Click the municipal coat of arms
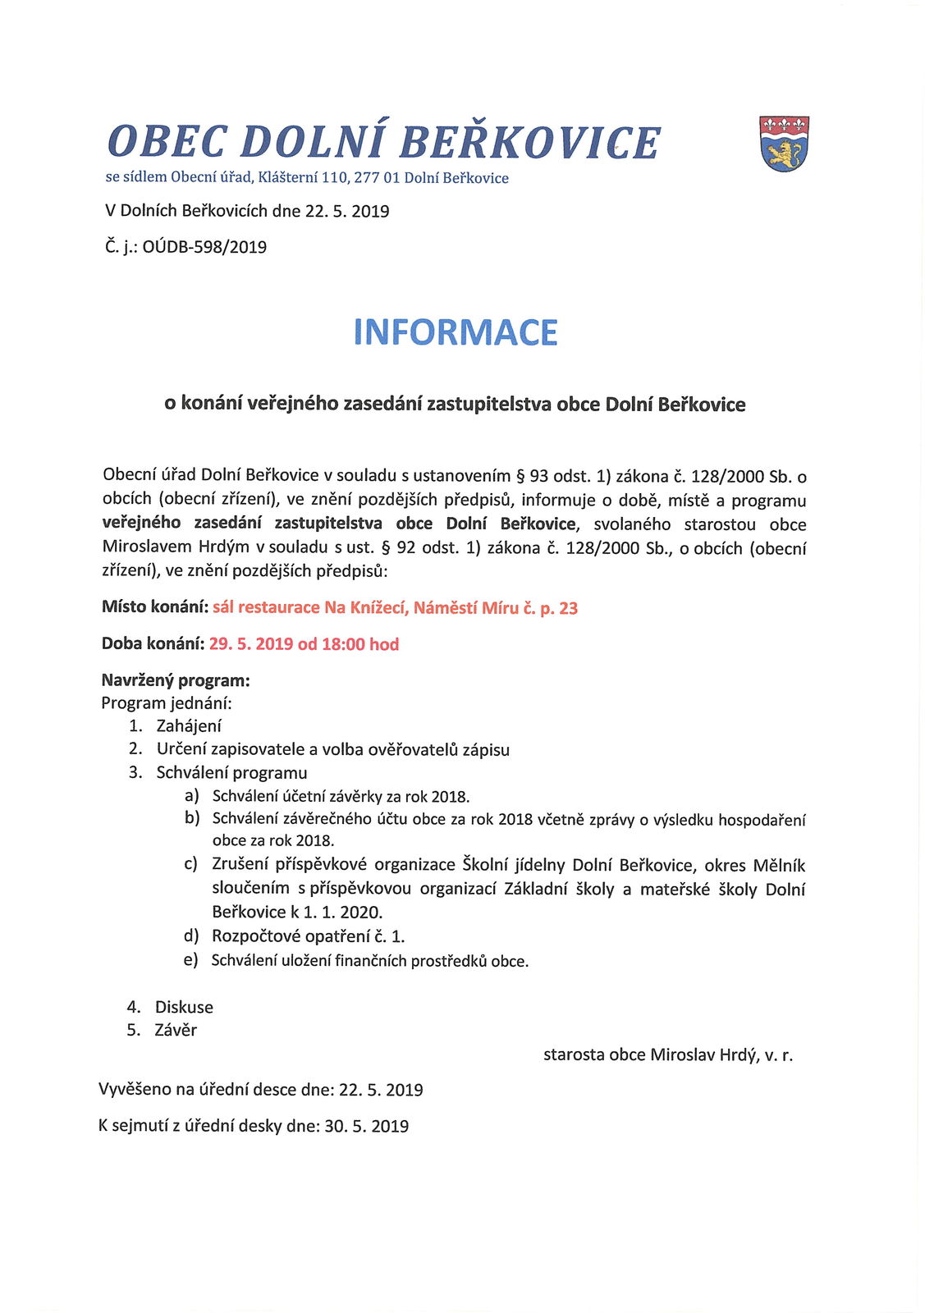784,143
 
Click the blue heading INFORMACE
456,332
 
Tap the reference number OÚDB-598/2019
204,247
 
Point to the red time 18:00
343,644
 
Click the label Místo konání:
154,607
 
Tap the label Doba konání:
153,644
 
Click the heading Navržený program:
176,680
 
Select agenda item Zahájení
189,726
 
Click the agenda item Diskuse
184,1007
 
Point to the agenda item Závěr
176,1030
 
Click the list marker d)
191,936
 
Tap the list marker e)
191,960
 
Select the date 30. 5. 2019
366,1126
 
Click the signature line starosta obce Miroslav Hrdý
668,1055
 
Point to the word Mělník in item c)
779,866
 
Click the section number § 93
531,476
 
